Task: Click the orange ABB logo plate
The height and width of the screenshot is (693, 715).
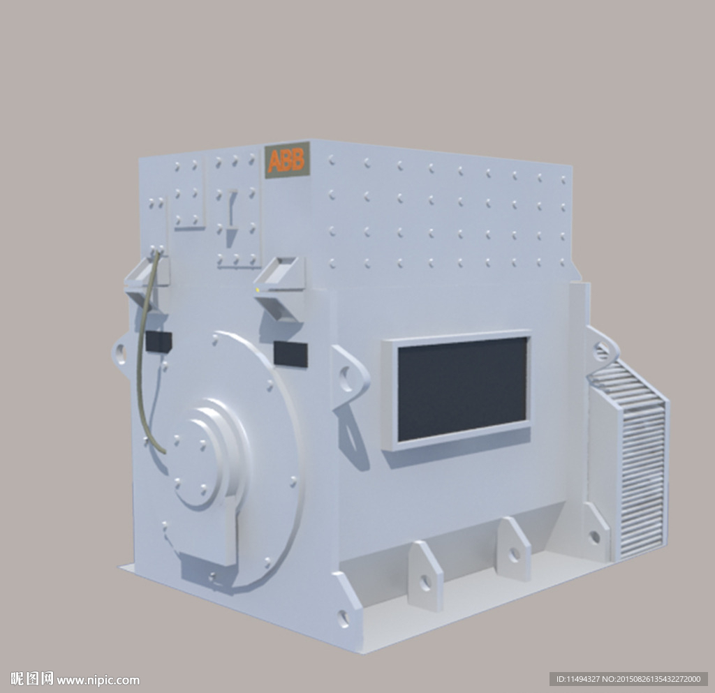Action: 287,160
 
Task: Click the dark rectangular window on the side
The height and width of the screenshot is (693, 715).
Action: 462,389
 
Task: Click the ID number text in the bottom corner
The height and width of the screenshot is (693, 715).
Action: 628,679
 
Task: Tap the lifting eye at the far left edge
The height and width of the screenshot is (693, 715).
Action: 120,352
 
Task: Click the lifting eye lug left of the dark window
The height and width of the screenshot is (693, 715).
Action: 350,378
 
